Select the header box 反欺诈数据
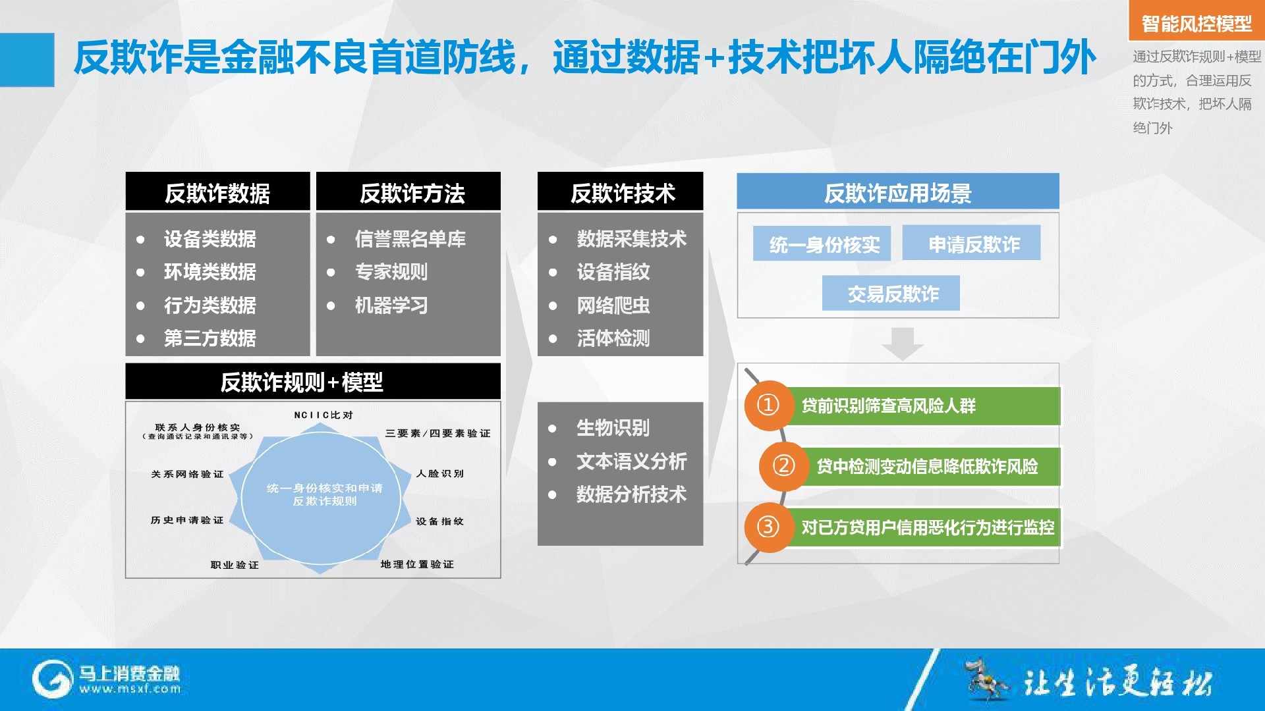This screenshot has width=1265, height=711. tap(217, 192)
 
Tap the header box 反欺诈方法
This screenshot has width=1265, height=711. tap(408, 192)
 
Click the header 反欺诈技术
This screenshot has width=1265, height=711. tap(620, 192)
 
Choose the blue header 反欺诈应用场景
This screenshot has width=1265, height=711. tap(898, 192)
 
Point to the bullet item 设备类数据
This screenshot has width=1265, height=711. tap(210, 239)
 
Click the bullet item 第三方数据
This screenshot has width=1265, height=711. tap(210, 338)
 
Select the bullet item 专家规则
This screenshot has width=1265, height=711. tap(391, 272)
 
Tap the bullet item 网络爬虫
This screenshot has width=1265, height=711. tap(613, 305)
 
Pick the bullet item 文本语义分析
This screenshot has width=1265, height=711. tap(631, 461)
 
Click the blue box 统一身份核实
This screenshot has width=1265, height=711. tap(822, 244)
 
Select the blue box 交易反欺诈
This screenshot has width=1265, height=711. tap(891, 293)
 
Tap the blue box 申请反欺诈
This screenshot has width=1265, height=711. tap(971, 243)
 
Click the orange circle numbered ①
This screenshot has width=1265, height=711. tap(768, 405)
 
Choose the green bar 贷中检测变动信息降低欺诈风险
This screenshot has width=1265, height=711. tap(929, 467)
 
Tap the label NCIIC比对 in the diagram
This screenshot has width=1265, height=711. tap(323, 415)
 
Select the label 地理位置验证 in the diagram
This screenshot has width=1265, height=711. tap(417, 564)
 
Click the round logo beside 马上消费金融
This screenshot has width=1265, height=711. tap(52, 679)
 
